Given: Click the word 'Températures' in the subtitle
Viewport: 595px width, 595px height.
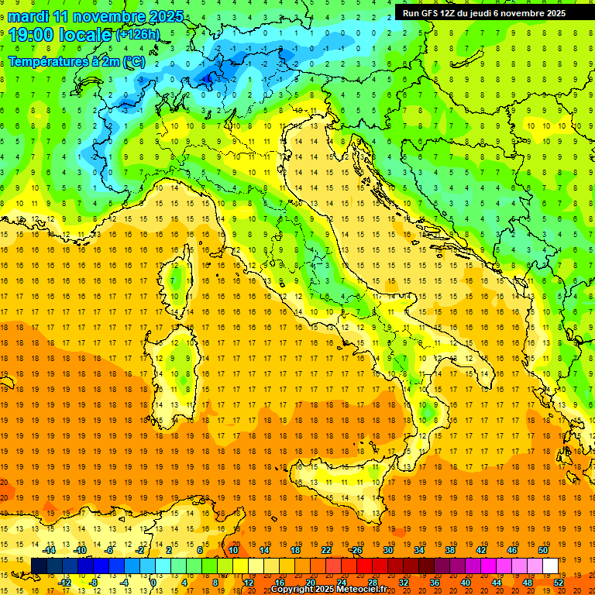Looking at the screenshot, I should [46, 61].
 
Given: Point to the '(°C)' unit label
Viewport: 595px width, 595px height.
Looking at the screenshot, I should [133, 61].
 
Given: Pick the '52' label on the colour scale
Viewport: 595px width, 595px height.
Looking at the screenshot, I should [559, 583].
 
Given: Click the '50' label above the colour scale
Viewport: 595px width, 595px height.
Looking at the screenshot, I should [542, 550].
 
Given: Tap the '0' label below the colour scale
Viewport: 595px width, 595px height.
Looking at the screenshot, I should [153, 583].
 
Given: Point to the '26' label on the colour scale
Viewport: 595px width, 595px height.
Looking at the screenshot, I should [357, 550].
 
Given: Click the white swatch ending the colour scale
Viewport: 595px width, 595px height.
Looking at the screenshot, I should [550, 566].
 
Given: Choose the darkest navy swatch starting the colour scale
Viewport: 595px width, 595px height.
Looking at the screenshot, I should [39, 566].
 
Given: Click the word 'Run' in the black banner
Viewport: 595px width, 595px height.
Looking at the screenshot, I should [411, 13].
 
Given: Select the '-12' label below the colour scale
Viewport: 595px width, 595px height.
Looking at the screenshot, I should [65, 583].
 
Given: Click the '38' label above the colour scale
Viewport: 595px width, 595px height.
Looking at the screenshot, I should [449, 550].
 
